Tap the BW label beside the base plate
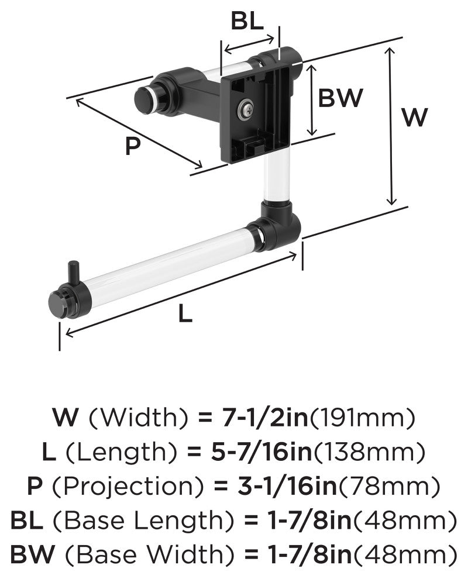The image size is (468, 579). pos(340,98)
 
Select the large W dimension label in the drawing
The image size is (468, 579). pos(414,117)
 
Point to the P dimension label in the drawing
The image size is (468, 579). pos(133,146)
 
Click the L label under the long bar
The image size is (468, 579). pos(185,314)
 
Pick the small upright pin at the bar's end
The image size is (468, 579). pos(72,272)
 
